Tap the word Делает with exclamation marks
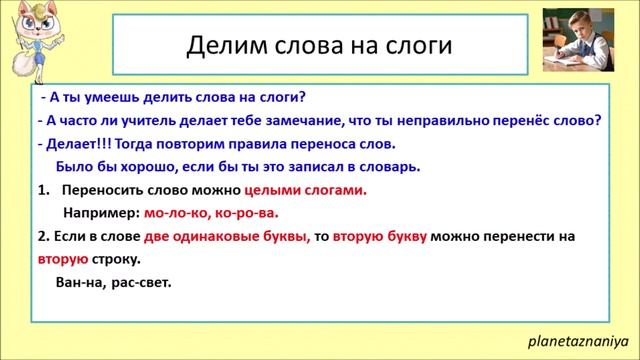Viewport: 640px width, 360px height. (x=77, y=144)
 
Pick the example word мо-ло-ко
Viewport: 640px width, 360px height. (x=177, y=212)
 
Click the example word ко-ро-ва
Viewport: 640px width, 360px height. (x=246, y=212)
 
